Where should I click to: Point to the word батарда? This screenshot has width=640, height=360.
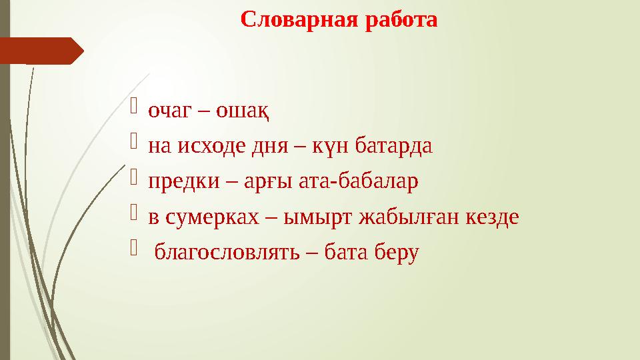point(393,145)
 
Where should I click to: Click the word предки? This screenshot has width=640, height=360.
point(175,181)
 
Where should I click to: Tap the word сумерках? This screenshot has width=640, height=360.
point(209,217)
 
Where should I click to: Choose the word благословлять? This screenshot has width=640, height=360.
point(221,253)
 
